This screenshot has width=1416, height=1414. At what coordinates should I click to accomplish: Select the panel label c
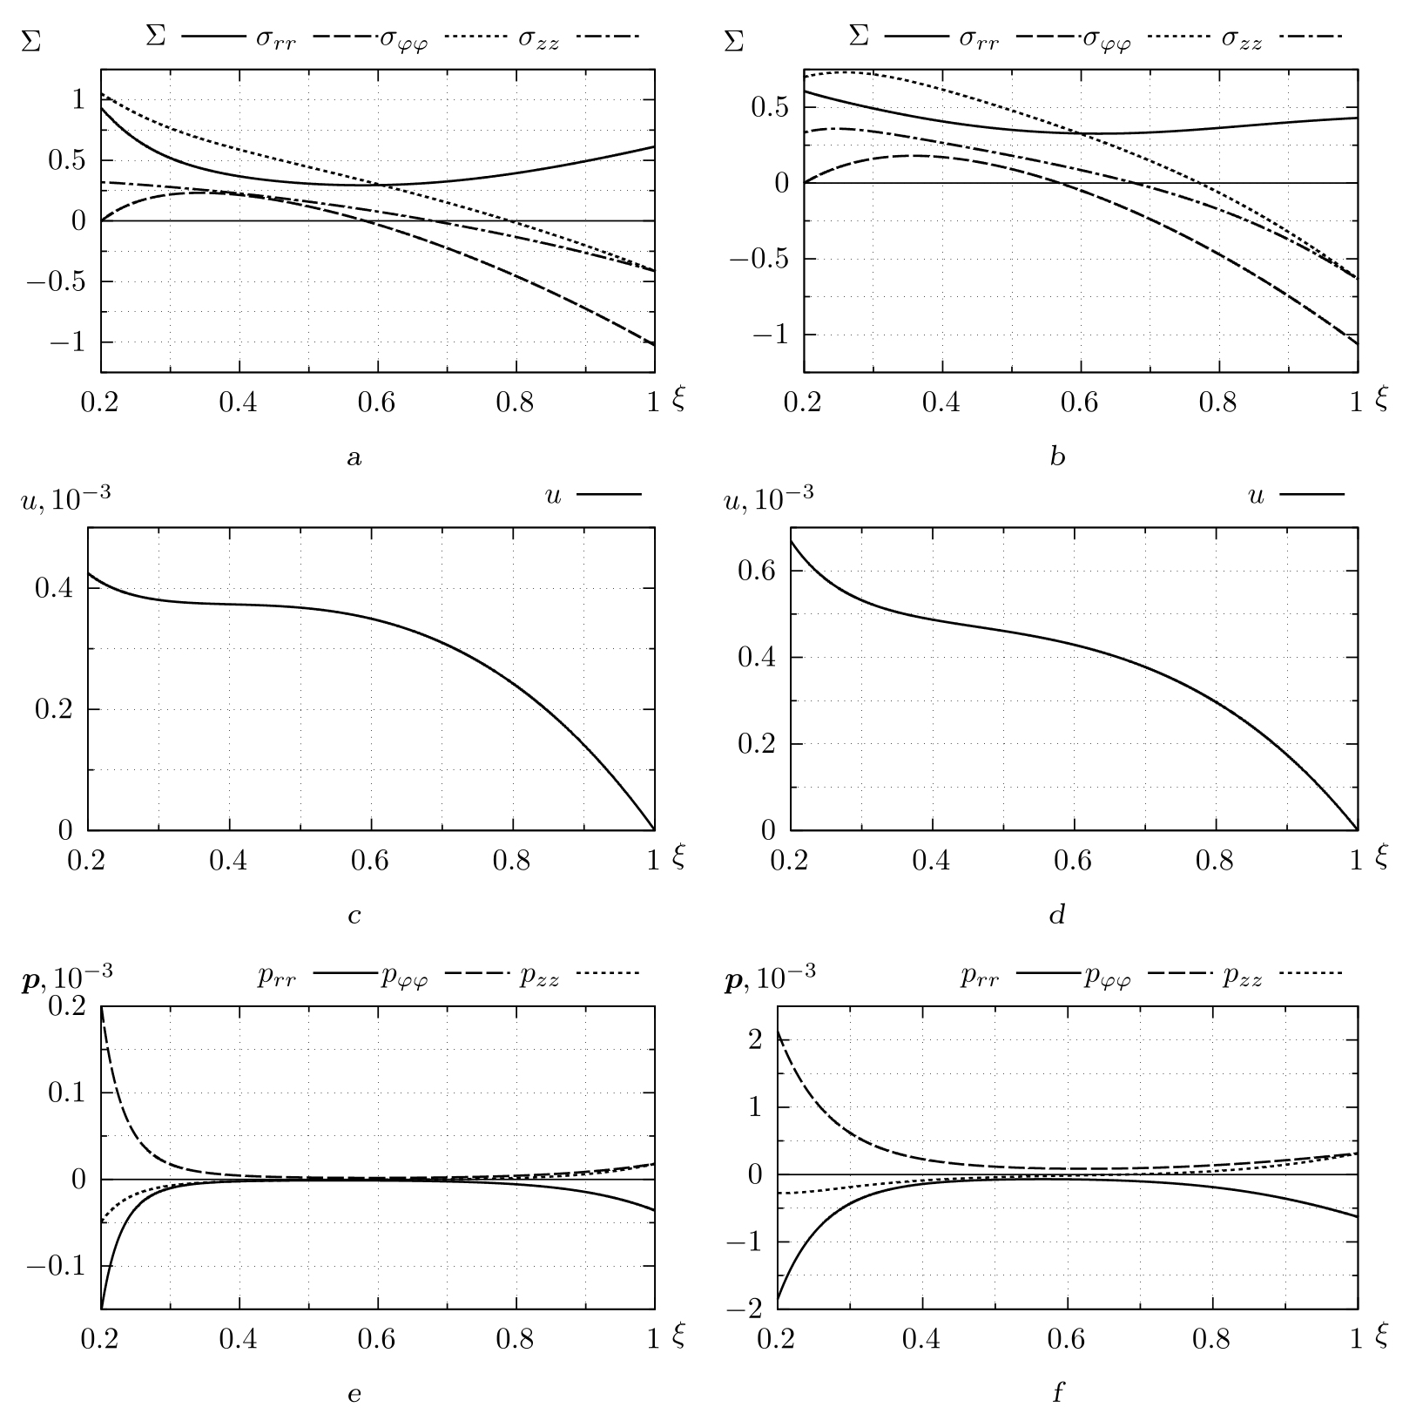click(x=354, y=916)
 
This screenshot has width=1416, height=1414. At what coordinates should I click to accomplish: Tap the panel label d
click(x=1057, y=915)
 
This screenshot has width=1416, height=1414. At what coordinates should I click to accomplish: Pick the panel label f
click(x=1058, y=1392)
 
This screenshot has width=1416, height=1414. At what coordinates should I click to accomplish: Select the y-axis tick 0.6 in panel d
click(x=757, y=572)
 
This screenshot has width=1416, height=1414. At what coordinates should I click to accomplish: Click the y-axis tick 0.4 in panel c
click(x=53, y=588)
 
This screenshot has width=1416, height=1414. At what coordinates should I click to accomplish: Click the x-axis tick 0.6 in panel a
click(x=377, y=403)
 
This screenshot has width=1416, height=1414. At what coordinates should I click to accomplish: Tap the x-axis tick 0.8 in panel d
click(x=1215, y=861)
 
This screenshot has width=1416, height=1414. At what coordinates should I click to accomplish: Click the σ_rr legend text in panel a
click(x=276, y=39)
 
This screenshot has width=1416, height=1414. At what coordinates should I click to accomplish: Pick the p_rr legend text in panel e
click(x=276, y=977)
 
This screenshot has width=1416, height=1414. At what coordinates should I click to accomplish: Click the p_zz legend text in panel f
click(x=1241, y=977)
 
